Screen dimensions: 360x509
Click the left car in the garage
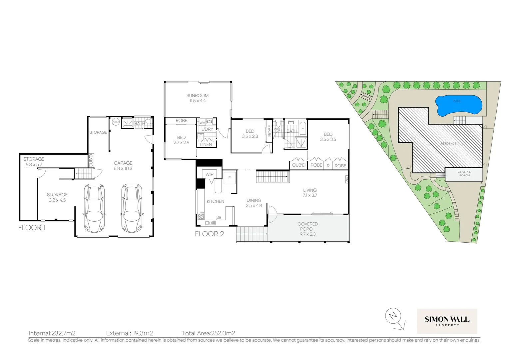click(95, 209)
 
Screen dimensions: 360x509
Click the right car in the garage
click(132, 209)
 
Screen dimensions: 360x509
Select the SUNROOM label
click(198, 98)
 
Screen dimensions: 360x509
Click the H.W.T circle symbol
click(116, 122)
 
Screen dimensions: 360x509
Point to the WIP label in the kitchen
click(209, 174)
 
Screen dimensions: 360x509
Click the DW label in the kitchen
click(219, 217)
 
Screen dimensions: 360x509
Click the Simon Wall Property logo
click(447, 321)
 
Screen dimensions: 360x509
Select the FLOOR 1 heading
click(32, 228)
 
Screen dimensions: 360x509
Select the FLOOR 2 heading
click(209, 234)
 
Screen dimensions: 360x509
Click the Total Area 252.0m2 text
click(209, 333)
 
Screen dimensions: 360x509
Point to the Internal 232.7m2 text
click(52, 333)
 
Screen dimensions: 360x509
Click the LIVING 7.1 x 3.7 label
click(309, 193)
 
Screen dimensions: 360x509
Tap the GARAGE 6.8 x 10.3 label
click(123, 166)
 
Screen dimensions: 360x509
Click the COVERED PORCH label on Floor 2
click(307, 229)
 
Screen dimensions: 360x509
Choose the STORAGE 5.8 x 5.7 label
click(34, 162)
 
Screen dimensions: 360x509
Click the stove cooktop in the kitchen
click(201, 216)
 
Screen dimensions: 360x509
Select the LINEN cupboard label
click(206, 144)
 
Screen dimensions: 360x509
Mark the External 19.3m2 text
click(130, 333)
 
